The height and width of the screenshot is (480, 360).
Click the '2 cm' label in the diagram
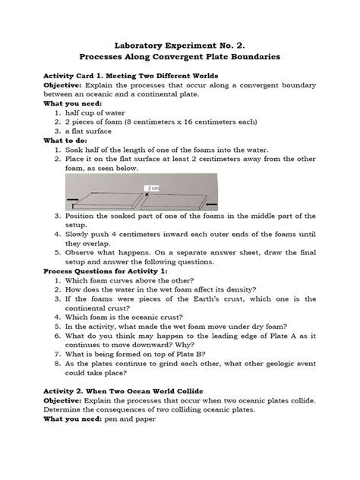196,187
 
